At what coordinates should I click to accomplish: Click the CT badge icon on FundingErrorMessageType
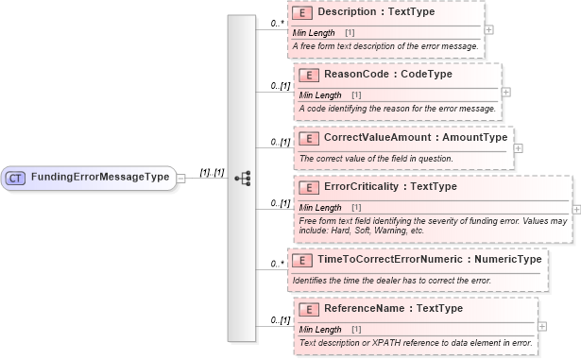tap(16, 177)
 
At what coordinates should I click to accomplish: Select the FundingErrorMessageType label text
tap(99, 177)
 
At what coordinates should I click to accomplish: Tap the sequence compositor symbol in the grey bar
tap(242, 178)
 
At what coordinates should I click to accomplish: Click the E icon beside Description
tap(304, 13)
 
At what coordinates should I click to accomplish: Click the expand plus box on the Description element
tap(488, 29)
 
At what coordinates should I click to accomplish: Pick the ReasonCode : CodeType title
tap(387, 74)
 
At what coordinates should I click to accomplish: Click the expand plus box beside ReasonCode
tap(507, 92)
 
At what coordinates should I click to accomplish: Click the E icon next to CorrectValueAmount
tap(304, 138)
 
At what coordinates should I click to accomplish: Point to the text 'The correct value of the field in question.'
tap(376, 158)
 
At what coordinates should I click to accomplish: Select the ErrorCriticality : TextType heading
tap(390, 186)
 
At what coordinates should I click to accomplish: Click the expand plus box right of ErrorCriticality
tap(576, 209)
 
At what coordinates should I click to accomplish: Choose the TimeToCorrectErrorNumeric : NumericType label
tap(430, 259)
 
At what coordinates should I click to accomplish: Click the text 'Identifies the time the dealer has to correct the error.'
tap(391, 280)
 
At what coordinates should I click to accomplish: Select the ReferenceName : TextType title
tap(383, 308)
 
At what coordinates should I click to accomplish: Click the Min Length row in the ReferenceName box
tap(321, 329)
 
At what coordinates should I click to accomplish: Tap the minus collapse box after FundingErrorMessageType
tap(179, 177)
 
